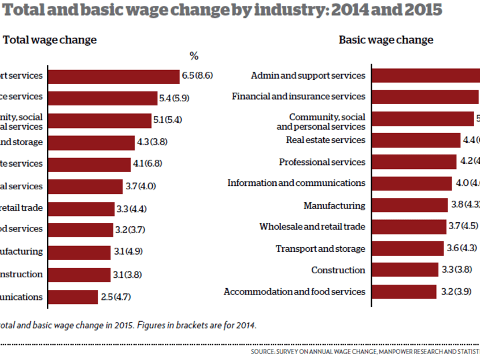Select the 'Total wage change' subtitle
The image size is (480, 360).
coord(50,40)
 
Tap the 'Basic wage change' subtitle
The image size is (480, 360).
coord(386,40)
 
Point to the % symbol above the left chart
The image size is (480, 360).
coord(194,56)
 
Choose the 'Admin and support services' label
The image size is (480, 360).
coord(308,75)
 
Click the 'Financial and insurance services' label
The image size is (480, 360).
coord(298,96)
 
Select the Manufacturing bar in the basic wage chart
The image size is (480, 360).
coord(409,205)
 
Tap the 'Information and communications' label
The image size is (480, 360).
coord(296,183)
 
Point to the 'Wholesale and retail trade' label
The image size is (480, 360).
coord(312,226)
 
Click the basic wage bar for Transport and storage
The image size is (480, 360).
coord(408,248)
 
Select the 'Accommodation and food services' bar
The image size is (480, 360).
coord(404,292)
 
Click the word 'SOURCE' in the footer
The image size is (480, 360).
coord(263,351)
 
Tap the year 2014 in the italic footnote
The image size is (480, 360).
coord(247,325)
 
